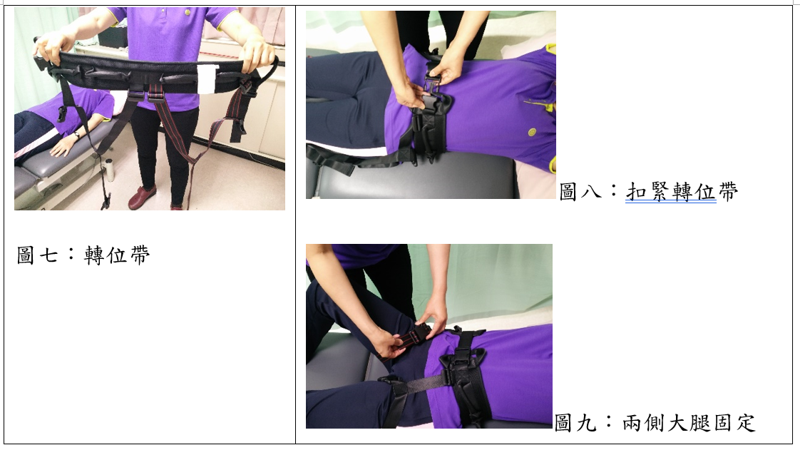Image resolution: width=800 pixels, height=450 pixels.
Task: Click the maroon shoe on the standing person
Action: [x=143, y=198]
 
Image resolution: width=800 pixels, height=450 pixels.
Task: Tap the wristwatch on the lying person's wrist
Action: [x=76, y=135]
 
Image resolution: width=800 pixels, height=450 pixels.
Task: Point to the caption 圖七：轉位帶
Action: [x=83, y=255]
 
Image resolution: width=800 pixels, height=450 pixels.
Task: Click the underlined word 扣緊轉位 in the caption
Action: [x=671, y=192]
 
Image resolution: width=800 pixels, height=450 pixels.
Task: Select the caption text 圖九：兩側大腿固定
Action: [x=655, y=422]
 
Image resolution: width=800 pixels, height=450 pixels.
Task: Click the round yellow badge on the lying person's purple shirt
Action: [x=532, y=132]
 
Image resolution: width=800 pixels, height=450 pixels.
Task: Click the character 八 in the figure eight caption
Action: [x=592, y=193]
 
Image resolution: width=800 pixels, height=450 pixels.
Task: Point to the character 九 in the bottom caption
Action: [x=587, y=423]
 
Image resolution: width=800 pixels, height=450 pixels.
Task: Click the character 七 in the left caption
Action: [x=49, y=255]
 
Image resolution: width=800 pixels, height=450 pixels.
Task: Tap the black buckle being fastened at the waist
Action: [x=434, y=88]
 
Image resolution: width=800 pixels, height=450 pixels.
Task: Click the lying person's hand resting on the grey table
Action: [x=62, y=146]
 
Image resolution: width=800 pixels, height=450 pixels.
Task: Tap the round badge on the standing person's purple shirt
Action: [x=188, y=11]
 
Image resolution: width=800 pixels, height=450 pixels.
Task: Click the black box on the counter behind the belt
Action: [x=113, y=37]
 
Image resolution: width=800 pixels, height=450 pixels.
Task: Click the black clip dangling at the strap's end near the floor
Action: [x=106, y=200]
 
